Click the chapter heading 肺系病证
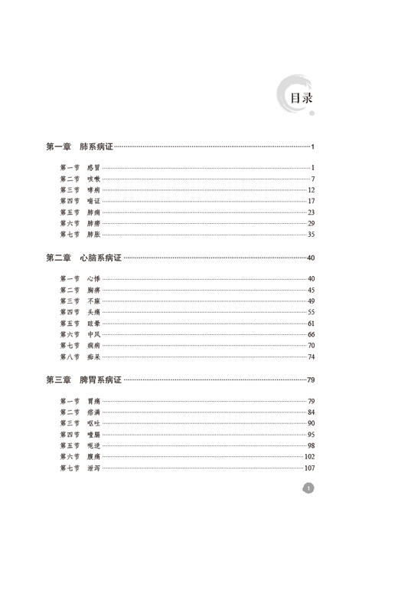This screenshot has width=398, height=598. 96,146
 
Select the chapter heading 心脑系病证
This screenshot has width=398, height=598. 100,258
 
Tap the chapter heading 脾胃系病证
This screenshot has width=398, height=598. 100,379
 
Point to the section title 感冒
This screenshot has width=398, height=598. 94,167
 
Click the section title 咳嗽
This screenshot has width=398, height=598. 94,179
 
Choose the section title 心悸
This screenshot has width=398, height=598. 94,279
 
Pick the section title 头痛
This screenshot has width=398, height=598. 94,312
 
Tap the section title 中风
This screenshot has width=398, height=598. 94,334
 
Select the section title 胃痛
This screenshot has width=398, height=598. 94,401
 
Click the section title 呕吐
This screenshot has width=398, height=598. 94,423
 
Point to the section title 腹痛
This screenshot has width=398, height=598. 94,456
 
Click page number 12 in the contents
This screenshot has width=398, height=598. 312,189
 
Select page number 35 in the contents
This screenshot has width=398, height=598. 312,234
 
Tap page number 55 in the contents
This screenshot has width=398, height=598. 312,312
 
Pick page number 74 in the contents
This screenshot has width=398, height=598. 312,356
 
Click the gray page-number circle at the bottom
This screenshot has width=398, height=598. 308,488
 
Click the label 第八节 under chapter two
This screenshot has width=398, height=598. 69,356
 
